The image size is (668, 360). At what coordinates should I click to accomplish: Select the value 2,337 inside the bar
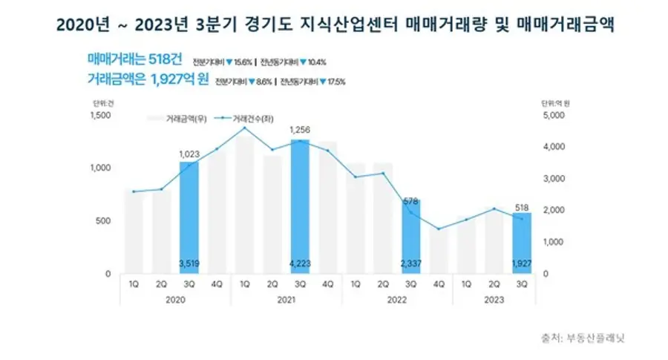410,261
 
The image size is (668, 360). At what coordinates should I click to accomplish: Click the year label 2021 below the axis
286,300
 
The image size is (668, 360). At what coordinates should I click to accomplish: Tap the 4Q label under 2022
438,284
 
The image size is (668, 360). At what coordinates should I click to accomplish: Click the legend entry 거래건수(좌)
251,118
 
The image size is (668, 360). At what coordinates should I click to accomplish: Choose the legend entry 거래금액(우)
186,118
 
